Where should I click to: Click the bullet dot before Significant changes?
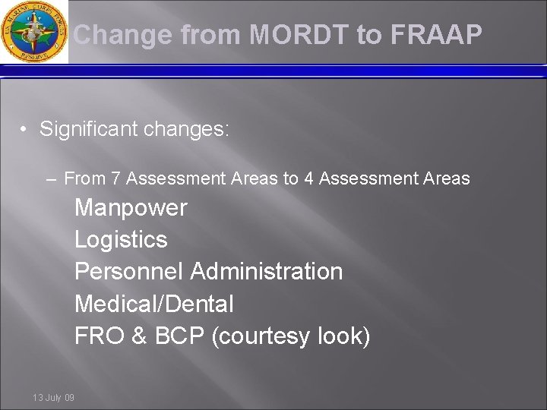[x=25, y=130]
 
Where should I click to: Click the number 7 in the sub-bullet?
[x=118, y=179]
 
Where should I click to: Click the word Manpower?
[x=130, y=207]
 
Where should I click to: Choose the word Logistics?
[x=121, y=240]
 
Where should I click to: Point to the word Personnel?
[x=129, y=271]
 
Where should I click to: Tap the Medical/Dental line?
[x=153, y=304]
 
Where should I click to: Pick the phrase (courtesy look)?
[x=292, y=336]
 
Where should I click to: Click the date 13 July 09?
[x=53, y=397]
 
